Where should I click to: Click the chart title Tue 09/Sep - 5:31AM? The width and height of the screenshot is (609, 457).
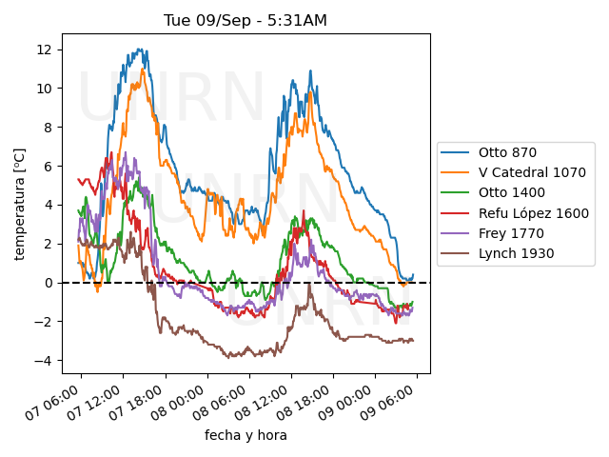click(x=246, y=20)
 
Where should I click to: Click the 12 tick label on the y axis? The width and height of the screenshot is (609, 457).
click(x=45, y=50)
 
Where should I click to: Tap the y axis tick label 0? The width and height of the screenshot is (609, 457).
click(x=49, y=283)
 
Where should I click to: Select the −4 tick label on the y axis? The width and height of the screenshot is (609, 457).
click(x=43, y=361)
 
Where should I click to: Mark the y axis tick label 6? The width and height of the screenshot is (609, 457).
click(x=49, y=167)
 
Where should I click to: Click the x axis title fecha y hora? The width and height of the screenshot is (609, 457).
click(x=246, y=435)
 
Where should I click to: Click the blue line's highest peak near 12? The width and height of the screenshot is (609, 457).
click(x=140, y=49)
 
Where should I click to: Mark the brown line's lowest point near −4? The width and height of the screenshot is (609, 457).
click(x=228, y=357)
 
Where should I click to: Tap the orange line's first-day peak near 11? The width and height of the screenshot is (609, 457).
click(x=143, y=70)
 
